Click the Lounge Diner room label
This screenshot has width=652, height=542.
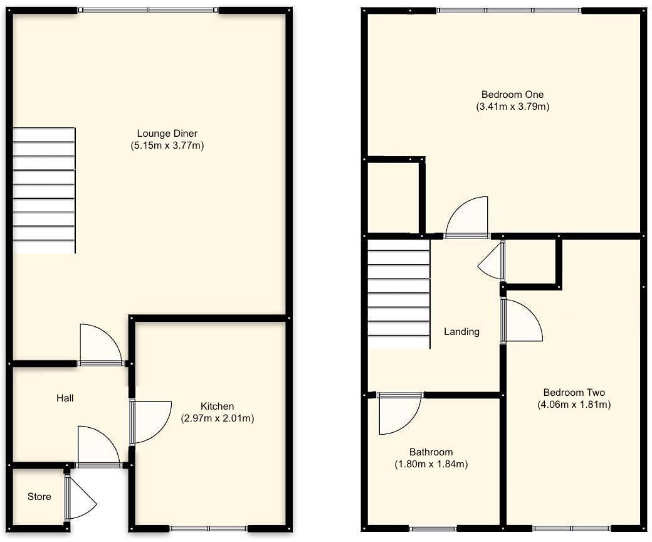[167, 134]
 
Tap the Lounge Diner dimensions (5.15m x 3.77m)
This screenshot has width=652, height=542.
[167, 146]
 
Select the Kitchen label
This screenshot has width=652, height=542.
[217, 406]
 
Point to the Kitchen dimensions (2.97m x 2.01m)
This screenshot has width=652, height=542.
[217, 418]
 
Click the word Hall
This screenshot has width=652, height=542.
[65, 398]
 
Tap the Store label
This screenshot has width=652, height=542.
[39, 497]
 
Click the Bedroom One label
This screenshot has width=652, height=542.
[512, 95]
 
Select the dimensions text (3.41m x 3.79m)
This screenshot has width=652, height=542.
[512, 107]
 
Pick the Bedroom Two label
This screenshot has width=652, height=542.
[574, 393]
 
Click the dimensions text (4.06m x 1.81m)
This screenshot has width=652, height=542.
[574, 405]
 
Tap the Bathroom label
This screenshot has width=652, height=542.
[431, 452]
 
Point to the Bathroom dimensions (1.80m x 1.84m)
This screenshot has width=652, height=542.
[431, 464]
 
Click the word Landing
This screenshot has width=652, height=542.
[461, 332]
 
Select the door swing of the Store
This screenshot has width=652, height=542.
[80, 499]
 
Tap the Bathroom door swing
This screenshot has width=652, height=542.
[398, 414]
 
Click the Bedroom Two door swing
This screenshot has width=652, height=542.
[522, 321]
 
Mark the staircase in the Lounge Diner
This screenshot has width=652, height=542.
[44, 190]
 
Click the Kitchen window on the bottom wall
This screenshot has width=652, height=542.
[209, 528]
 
